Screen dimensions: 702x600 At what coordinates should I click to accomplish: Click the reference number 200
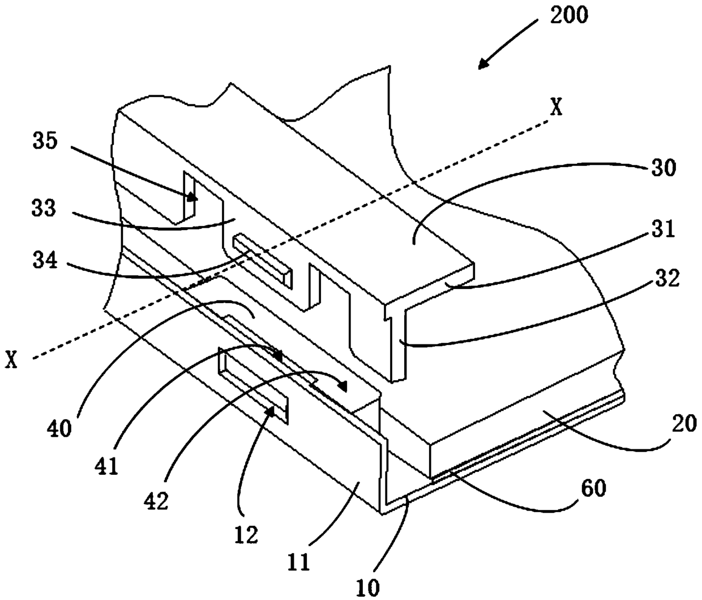tap(569, 15)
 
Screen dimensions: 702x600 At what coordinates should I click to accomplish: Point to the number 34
tap(45, 261)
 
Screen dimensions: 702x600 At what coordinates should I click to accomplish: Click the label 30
tap(664, 168)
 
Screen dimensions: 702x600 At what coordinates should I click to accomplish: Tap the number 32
tap(667, 278)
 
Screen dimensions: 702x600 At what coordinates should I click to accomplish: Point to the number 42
tap(157, 501)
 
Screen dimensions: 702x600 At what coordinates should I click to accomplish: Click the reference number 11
tap(299, 561)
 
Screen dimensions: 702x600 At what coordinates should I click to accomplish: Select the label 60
tap(594, 488)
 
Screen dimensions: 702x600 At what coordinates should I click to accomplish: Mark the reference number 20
tap(684, 423)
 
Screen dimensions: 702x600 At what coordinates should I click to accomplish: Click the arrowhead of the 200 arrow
tap(484, 63)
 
